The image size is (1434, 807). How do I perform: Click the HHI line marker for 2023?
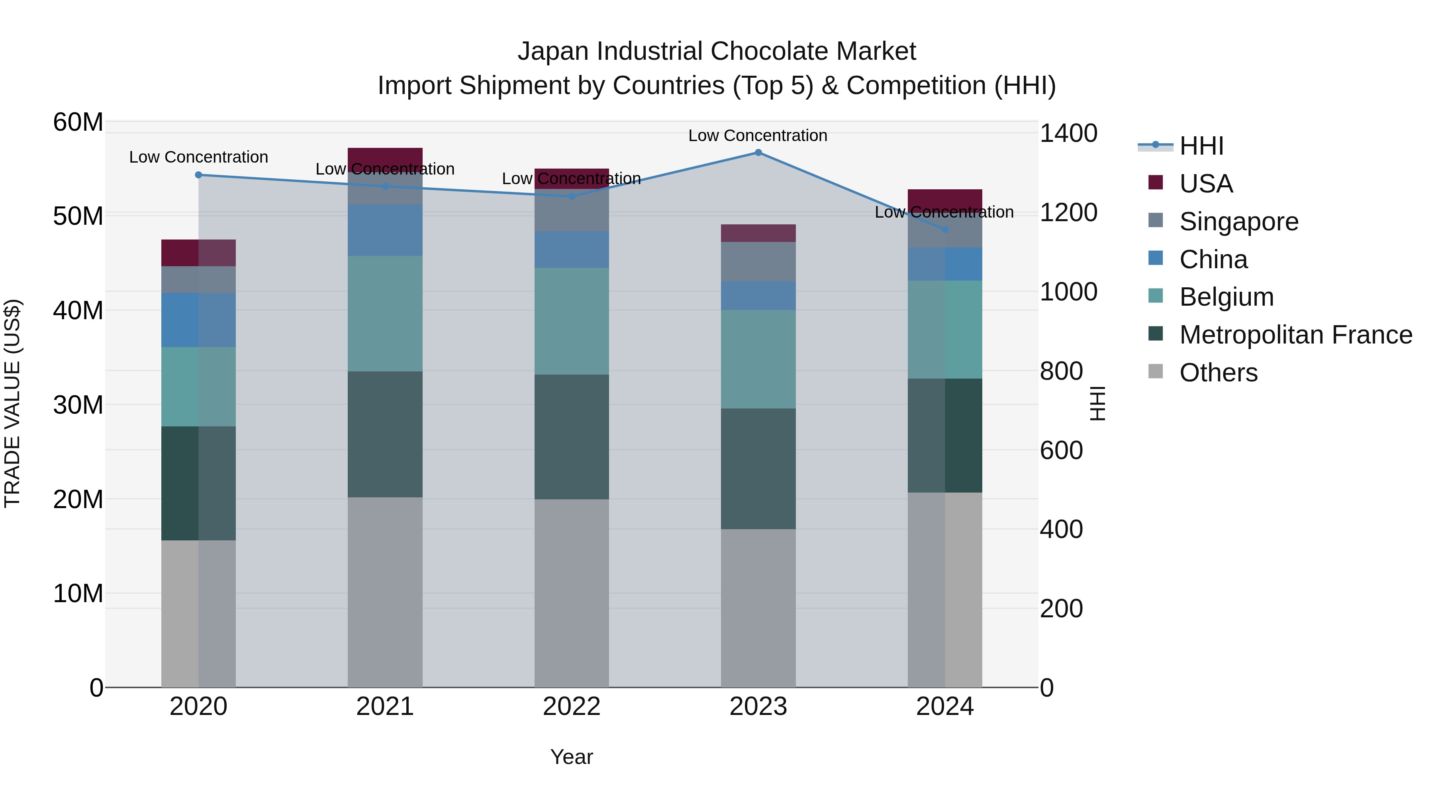[x=758, y=153]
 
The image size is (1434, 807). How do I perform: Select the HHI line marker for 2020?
[x=198, y=175]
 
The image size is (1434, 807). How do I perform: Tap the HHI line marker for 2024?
[x=945, y=230]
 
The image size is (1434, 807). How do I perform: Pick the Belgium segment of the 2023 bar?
[x=758, y=359]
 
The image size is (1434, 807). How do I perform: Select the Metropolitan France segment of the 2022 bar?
[x=572, y=437]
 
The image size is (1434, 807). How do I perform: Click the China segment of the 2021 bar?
[x=385, y=230]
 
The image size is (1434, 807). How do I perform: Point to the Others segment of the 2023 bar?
[x=758, y=608]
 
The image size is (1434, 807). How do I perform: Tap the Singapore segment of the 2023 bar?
[x=758, y=262]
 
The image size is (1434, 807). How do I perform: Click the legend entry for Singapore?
[x=1238, y=222]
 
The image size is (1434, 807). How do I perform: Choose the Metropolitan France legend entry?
[x=1295, y=335]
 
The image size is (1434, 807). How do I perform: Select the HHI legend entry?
[x=1201, y=146]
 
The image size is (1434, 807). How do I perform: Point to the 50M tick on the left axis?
[x=78, y=216]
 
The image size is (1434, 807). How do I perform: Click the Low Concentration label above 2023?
[x=758, y=135]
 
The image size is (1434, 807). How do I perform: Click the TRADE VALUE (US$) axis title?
[x=13, y=403]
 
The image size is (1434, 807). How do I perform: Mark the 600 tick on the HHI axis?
[x=1061, y=451]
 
